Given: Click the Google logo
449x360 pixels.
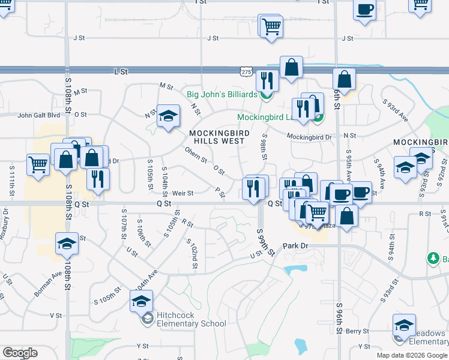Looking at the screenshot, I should pyautogui.click(x=20, y=353).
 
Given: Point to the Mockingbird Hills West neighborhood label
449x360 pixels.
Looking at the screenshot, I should pyautogui.click(x=217, y=137).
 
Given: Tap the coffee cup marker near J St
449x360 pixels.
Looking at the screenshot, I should pyautogui.click(x=364, y=10).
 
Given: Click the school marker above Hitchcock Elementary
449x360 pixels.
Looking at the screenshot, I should pyautogui.click(x=141, y=301).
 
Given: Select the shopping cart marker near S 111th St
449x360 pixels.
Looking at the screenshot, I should pyautogui.click(x=38, y=164).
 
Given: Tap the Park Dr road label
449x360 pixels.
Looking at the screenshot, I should pyautogui.click(x=295, y=246).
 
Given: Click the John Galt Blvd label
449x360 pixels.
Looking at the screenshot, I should pyautogui.click(x=39, y=115).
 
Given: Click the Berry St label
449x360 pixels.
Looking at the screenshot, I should pyautogui.click(x=357, y=331).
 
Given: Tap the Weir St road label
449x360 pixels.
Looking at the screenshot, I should pyautogui.click(x=182, y=193).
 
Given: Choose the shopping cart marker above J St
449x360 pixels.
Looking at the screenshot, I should pyautogui.click(x=271, y=26).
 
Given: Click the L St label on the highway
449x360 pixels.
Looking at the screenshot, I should pyautogui.click(x=121, y=71).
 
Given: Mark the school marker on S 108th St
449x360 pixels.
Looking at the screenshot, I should pyautogui.click(x=67, y=244).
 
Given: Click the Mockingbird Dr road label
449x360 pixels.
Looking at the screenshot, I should pyautogui.click(x=309, y=137).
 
